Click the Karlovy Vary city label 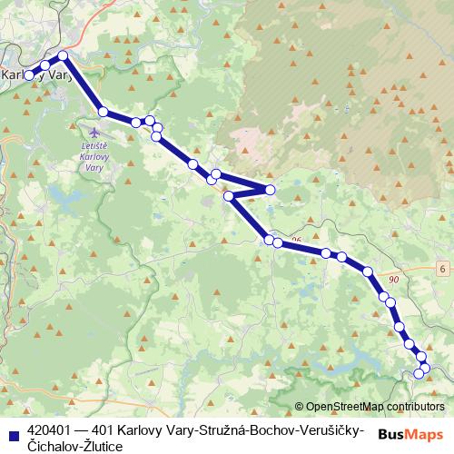pyautogui.click(x=38, y=76)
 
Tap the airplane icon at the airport pyautogui.click(x=94, y=133)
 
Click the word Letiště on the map pyautogui.click(x=94, y=146)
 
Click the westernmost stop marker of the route pyautogui.click(x=29, y=75)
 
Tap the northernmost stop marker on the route pyautogui.click(x=63, y=56)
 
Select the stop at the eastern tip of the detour pyautogui.click(x=270, y=189)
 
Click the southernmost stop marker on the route pyautogui.click(x=419, y=373)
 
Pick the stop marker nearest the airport pyautogui.click(x=104, y=112)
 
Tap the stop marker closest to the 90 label pyautogui.click(x=385, y=296)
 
